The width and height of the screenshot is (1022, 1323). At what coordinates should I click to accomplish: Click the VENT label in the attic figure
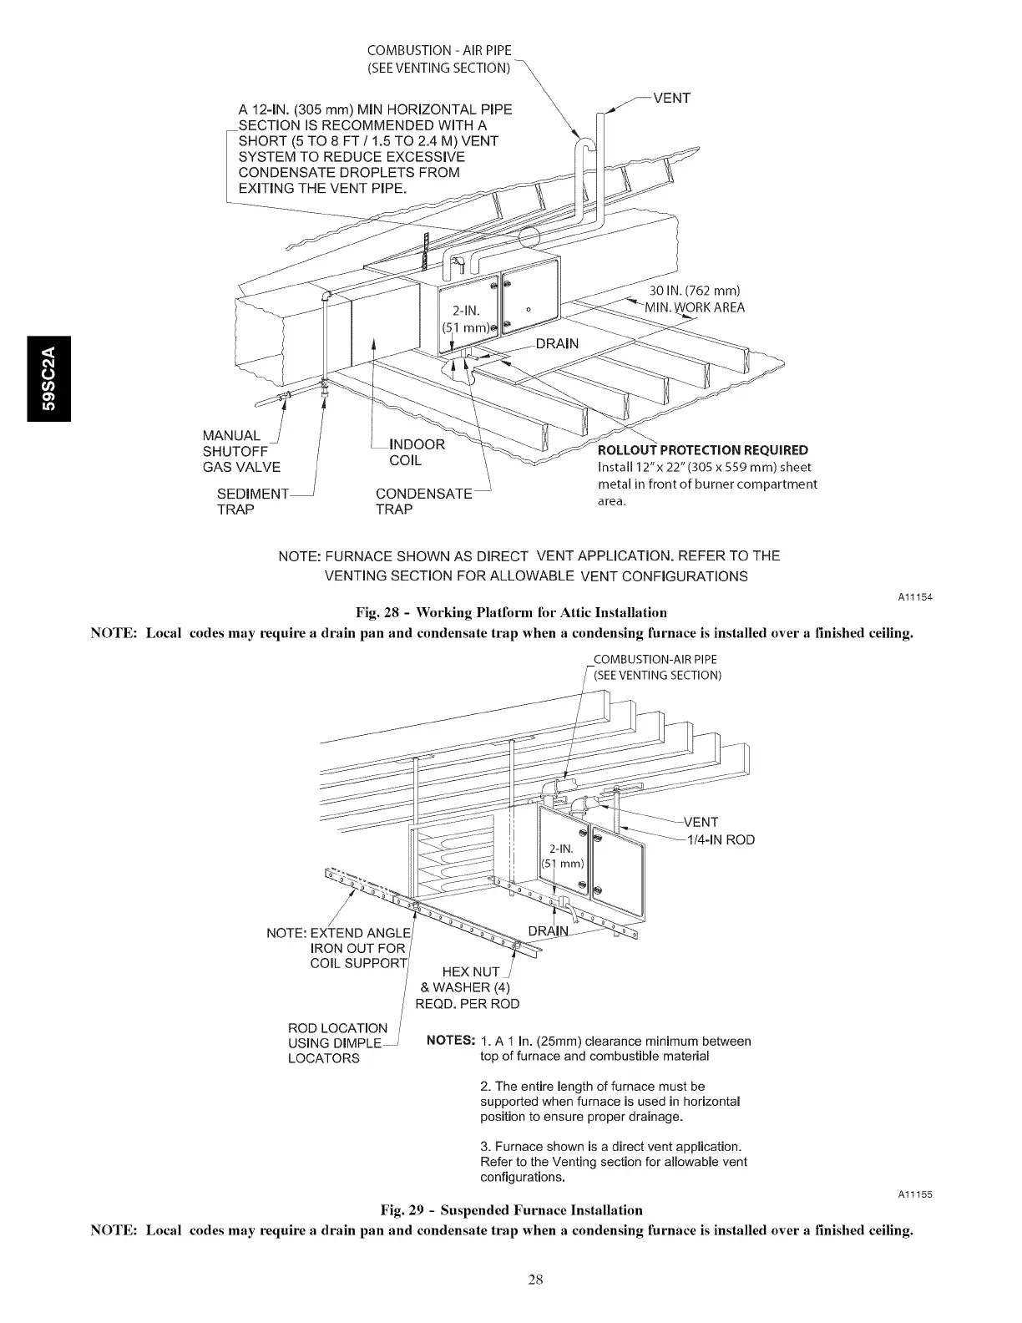click(671, 98)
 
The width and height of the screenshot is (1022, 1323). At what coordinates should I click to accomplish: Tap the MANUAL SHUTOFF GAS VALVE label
click(241, 451)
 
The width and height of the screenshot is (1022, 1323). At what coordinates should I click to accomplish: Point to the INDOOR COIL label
click(417, 452)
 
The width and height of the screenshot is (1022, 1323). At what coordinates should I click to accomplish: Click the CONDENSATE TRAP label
click(423, 501)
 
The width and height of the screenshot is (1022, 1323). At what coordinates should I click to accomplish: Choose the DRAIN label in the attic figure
click(557, 343)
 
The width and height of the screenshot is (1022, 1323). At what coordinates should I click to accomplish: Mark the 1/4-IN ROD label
click(720, 839)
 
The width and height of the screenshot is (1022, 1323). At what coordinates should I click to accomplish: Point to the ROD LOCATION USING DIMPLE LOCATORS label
click(337, 1042)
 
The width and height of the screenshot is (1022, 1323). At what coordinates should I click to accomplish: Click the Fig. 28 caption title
click(511, 613)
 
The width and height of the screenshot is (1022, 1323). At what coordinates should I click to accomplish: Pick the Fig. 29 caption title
click(511, 1209)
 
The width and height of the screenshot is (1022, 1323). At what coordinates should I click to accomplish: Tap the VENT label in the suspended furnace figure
click(701, 822)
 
